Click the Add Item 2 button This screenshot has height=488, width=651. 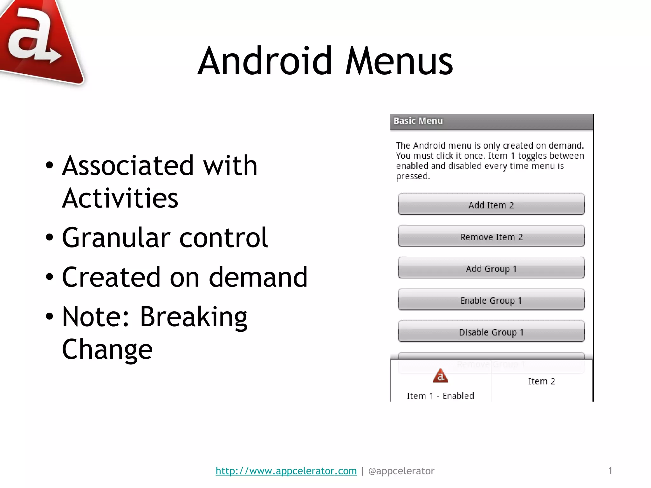tap(491, 205)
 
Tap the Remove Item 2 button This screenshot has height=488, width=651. tap(491, 236)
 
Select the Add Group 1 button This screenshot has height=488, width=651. tap(491, 268)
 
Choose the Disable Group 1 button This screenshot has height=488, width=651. tap(491, 332)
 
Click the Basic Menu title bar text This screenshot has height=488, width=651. tap(418, 121)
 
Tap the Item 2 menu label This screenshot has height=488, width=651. tap(542, 381)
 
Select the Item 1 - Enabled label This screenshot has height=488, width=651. tap(440, 396)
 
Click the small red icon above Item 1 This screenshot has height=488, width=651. tap(440, 376)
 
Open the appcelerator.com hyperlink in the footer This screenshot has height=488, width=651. tap(286, 471)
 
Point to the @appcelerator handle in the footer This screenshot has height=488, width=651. tap(401, 471)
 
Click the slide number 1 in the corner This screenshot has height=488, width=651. tap(610, 470)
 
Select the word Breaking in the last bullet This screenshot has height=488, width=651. tap(193, 317)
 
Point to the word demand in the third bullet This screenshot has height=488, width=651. tap(258, 277)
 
